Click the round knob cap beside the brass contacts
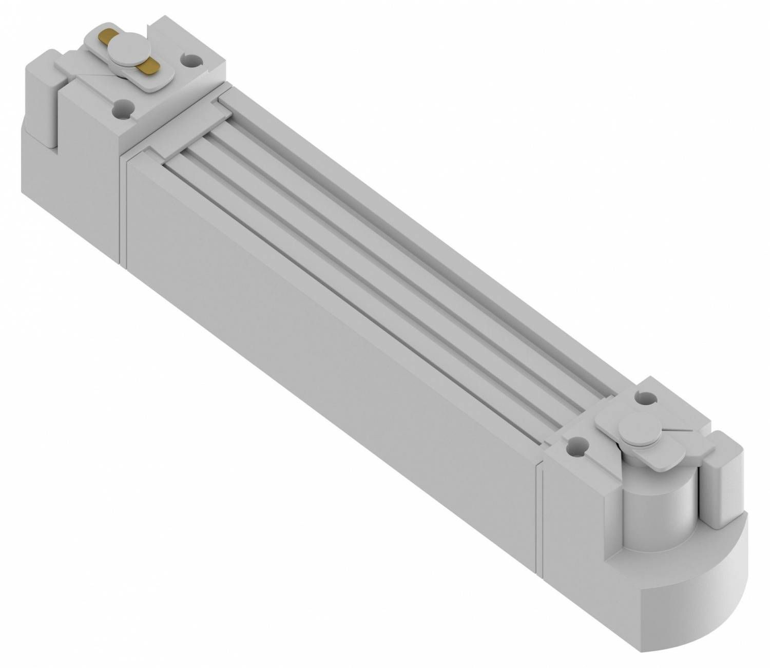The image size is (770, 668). tap(121, 50)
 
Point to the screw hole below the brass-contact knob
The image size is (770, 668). tap(122, 108)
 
